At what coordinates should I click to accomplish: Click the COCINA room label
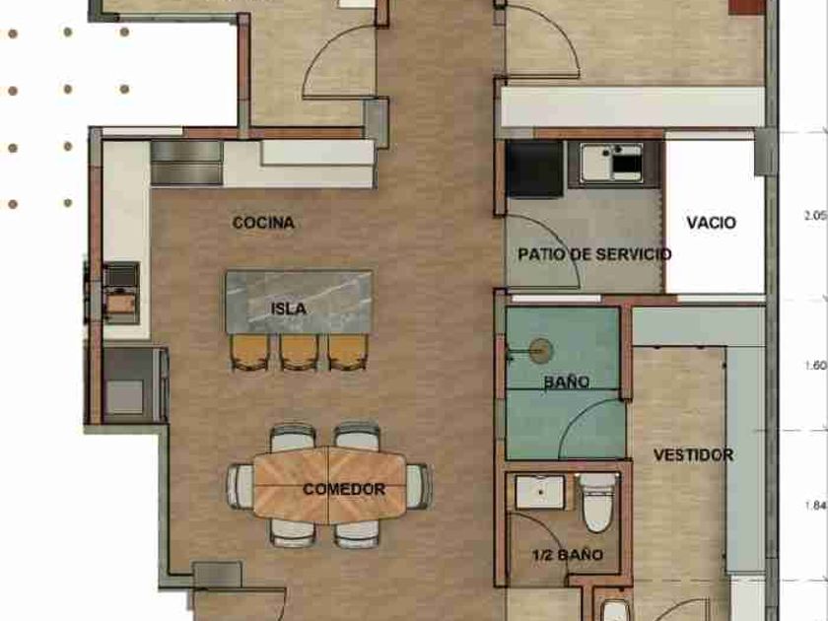(x=263, y=223)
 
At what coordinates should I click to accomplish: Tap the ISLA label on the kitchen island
(x=288, y=309)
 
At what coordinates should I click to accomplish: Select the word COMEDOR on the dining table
(x=344, y=489)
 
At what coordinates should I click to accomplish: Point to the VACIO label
(x=711, y=223)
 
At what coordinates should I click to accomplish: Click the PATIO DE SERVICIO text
(x=594, y=254)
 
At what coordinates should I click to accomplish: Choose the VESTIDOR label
(x=693, y=454)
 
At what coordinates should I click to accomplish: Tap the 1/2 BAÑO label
(x=568, y=554)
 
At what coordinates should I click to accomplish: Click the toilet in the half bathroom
(x=597, y=502)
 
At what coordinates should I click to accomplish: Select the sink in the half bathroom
(x=540, y=492)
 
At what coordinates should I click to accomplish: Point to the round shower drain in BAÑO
(x=541, y=351)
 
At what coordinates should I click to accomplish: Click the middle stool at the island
(x=299, y=352)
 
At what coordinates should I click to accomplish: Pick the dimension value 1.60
(x=815, y=366)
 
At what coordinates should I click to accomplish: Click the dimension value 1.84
(x=816, y=506)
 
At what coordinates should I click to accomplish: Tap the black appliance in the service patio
(x=534, y=169)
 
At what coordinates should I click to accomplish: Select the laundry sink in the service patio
(x=611, y=164)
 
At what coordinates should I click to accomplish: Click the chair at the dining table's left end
(x=241, y=486)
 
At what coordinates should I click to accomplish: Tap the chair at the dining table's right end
(x=419, y=486)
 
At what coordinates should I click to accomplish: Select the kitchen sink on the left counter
(x=121, y=293)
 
